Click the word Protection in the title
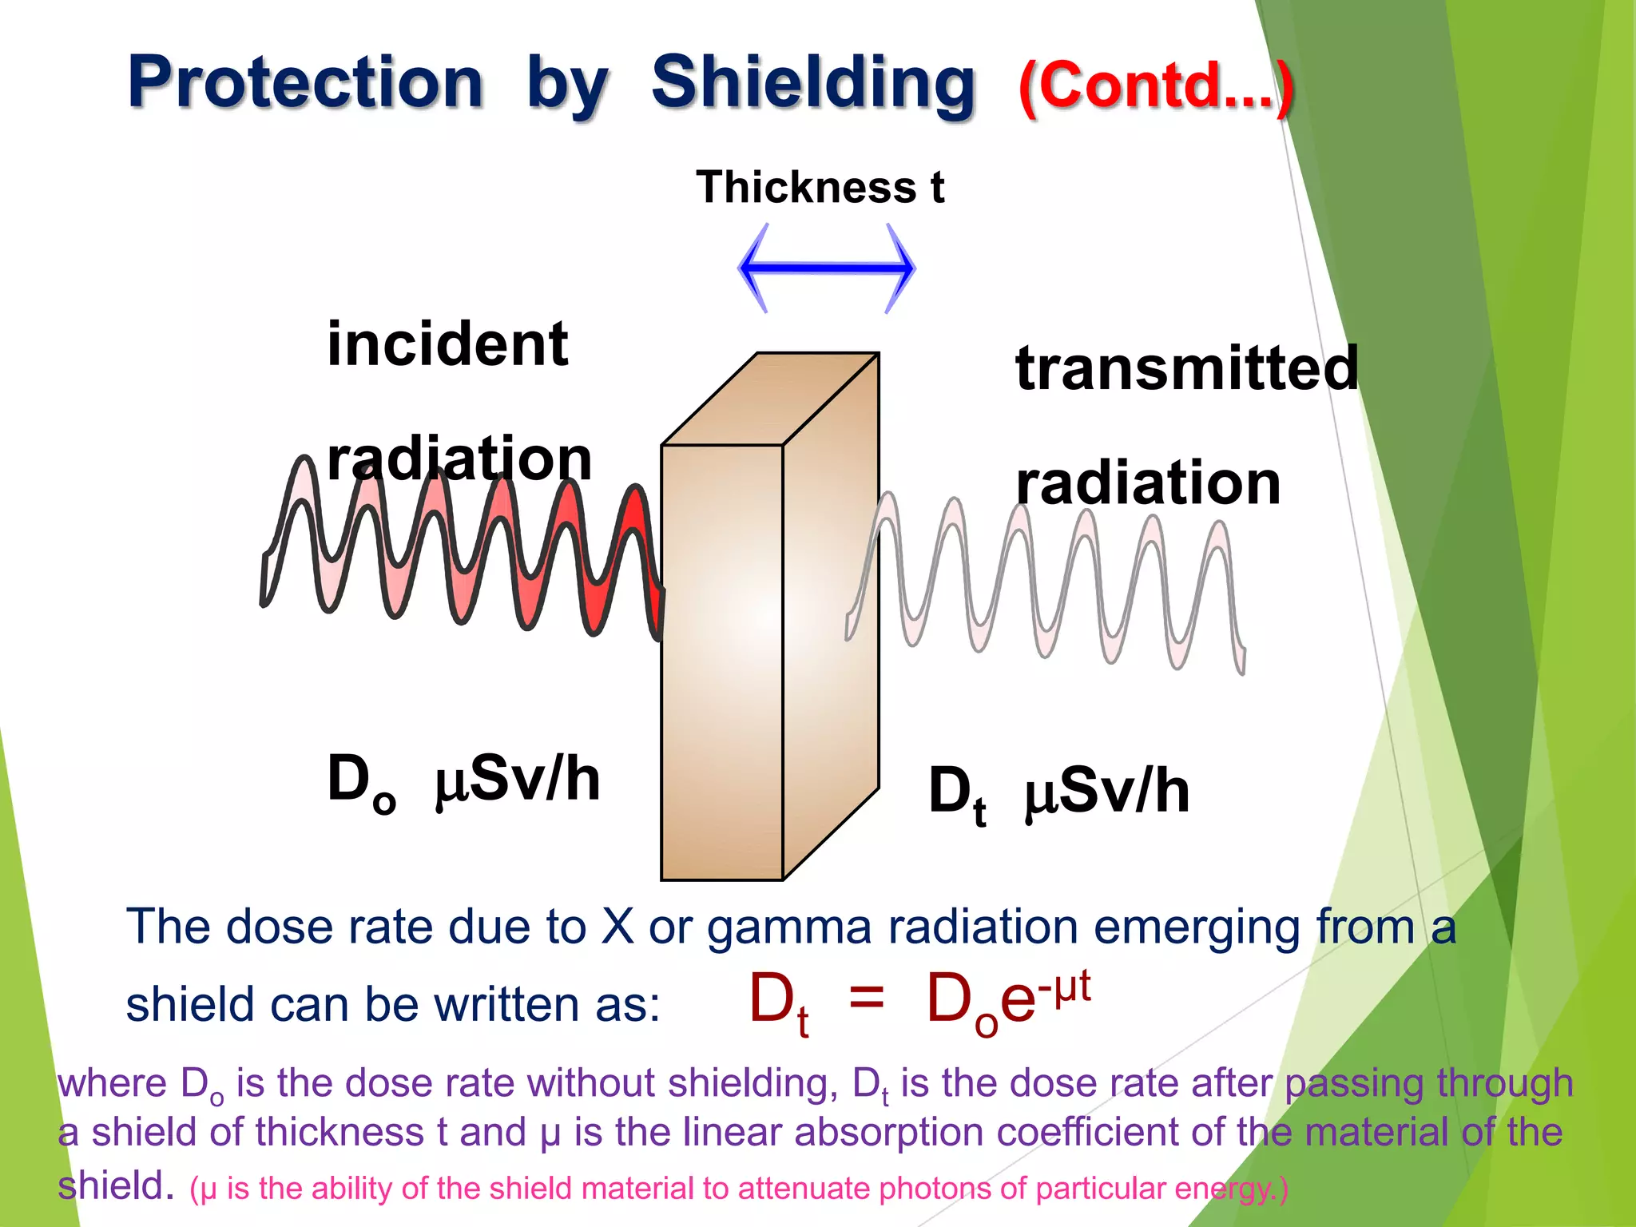pos(306,82)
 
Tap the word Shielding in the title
pos(813,82)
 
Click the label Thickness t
pos(820,188)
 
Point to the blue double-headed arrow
pos(826,268)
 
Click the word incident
pos(447,344)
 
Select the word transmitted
pos(1186,368)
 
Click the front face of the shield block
pos(721,663)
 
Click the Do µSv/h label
pos(463,780)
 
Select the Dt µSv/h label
pos(1058,792)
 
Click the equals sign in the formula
pos(866,998)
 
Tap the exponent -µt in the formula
pos(1063,987)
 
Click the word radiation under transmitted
pos(1148,484)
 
